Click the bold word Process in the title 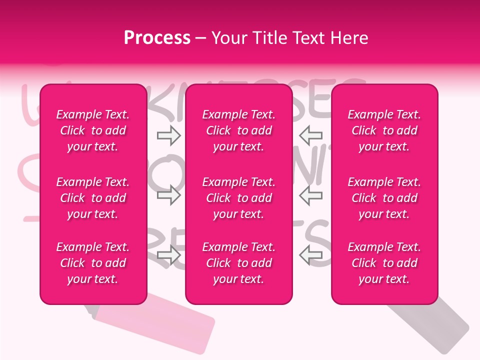pos(157,38)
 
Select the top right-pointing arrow pos(168,135)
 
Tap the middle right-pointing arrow pos(168,195)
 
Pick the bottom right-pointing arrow pos(168,255)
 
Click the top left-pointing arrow pos(311,135)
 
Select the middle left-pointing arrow pos(311,195)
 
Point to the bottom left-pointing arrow pos(311,255)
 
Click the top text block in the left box pos(93,130)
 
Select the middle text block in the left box pos(93,198)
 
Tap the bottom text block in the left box pos(93,263)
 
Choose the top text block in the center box pos(239,130)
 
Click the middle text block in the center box pos(239,198)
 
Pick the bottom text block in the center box pos(239,263)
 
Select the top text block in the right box pos(384,130)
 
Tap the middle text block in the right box pos(384,198)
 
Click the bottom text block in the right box pos(384,263)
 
